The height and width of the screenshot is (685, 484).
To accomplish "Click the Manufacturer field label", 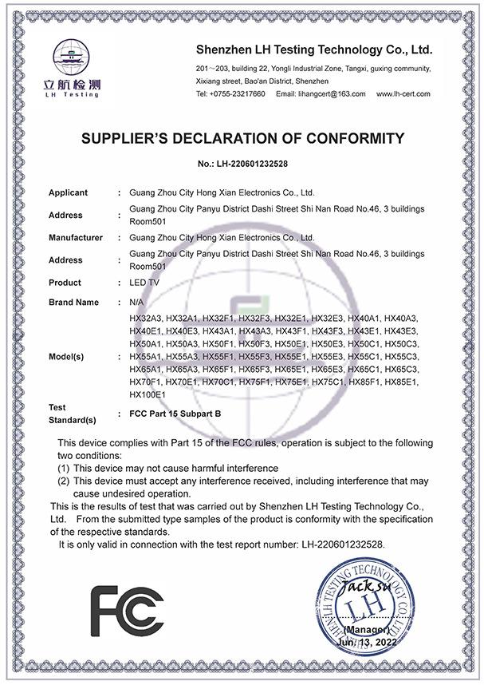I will pyautogui.click(x=75, y=237).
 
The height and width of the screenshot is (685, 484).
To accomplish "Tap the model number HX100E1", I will pyautogui.click(x=147, y=394).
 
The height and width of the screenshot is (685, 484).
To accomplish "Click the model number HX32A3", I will pyautogui.click(x=146, y=318).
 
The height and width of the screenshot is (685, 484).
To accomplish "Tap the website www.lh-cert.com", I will pyautogui.click(x=403, y=93).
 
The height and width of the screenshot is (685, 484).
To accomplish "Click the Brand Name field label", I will pyautogui.click(x=73, y=303).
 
